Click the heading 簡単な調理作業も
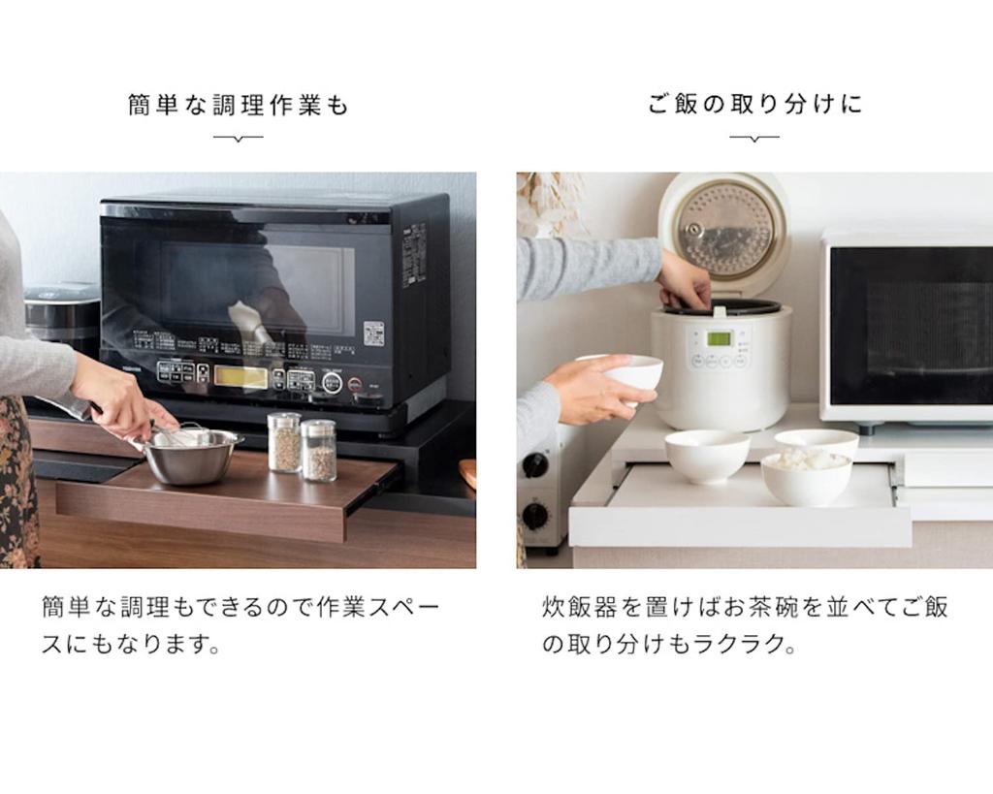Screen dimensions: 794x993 (238, 105)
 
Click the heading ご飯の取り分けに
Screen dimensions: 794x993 (754, 105)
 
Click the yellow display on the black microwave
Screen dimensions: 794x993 (240, 376)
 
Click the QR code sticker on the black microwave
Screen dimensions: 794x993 (374, 333)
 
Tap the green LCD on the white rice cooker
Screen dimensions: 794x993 (719, 338)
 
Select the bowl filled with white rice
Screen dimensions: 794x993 (806, 476)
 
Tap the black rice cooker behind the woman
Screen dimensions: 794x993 (61, 315)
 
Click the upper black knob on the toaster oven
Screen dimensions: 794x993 (534, 465)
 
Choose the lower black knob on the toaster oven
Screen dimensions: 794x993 (534, 515)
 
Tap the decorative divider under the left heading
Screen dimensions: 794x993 (238, 138)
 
